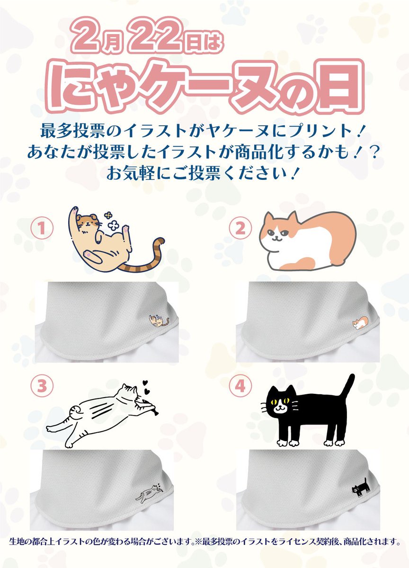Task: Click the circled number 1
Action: (42, 228)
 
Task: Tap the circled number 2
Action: (240, 228)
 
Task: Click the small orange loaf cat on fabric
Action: (360, 322)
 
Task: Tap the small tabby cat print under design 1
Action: (159, 320)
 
